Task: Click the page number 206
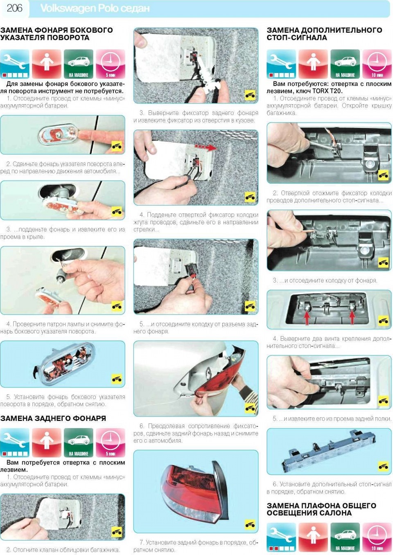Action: tap(15, 9)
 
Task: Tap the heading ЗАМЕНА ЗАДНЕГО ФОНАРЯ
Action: tap(53, 418)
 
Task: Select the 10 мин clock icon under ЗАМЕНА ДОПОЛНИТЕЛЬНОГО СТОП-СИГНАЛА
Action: tap(377, 64)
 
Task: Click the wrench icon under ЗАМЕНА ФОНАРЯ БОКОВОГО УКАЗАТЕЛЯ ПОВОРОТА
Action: tap(15, 64)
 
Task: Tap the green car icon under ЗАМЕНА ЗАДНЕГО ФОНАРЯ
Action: tap(79, 443)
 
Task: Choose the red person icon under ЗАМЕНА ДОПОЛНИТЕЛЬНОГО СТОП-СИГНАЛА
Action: tap(313, 64)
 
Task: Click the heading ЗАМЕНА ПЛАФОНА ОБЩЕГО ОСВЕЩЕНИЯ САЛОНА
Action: tap(321, 510)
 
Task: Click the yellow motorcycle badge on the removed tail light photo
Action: tap(250, 524)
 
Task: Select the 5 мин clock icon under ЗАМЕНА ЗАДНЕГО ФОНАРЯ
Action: tap(111, 443)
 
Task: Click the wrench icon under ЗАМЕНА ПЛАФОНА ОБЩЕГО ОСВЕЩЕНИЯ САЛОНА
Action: tap(281, 541)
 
